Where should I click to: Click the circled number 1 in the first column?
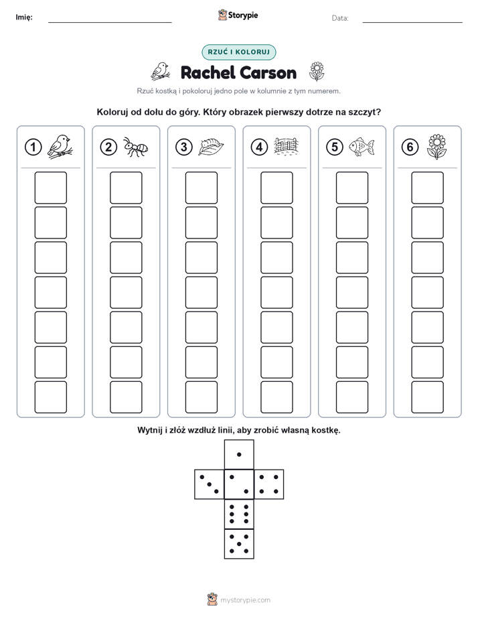(33, 147)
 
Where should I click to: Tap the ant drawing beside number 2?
(135, 147)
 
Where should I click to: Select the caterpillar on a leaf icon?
(211, 147)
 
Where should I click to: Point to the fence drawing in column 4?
(286, 147)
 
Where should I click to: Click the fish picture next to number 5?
(362, 147)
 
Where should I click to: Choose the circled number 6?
(410, 147)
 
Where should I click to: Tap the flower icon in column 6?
(436, 147)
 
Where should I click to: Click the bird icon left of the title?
(161, 72)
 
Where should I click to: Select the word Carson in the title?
(268, 73)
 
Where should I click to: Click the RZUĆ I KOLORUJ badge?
(238, 52)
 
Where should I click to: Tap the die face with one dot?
(239, 454)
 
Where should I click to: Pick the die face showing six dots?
(239, 514)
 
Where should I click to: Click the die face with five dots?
(239, 543)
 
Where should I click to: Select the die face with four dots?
(269, 484)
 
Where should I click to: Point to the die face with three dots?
(210, 484)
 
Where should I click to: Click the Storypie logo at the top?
(238, 15)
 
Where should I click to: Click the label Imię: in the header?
(24, 17)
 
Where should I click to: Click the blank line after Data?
(412, 22)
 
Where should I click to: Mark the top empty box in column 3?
(201, 188)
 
